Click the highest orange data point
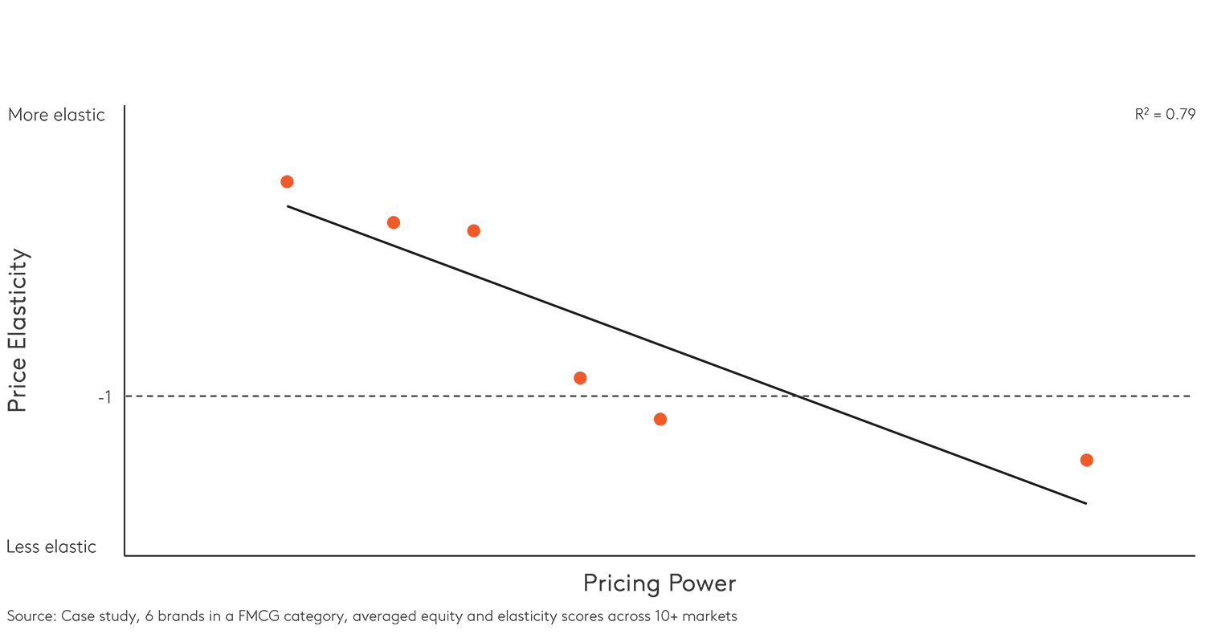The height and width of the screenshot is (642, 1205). point(287,181)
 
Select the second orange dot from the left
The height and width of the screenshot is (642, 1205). point(394,222)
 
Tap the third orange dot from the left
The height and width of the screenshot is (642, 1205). point(474,231)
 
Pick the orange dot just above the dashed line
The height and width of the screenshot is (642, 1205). point(580,378)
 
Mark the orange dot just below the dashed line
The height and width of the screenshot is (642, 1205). point(660,419)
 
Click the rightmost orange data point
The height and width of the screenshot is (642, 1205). point(1087,460)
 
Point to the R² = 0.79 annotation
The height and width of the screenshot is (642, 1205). point(1164,115)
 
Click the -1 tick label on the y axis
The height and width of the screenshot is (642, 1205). point(104,397)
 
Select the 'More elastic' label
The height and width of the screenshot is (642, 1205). point(56,115)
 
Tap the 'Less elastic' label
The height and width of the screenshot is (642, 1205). point(51,547)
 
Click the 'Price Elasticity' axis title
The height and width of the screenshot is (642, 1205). point(18,331)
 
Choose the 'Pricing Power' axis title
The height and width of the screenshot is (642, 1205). point(660,583)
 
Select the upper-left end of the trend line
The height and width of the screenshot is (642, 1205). point(288,206)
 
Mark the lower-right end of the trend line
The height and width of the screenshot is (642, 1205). point(1086,504)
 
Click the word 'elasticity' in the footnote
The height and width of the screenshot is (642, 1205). point(521,616)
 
